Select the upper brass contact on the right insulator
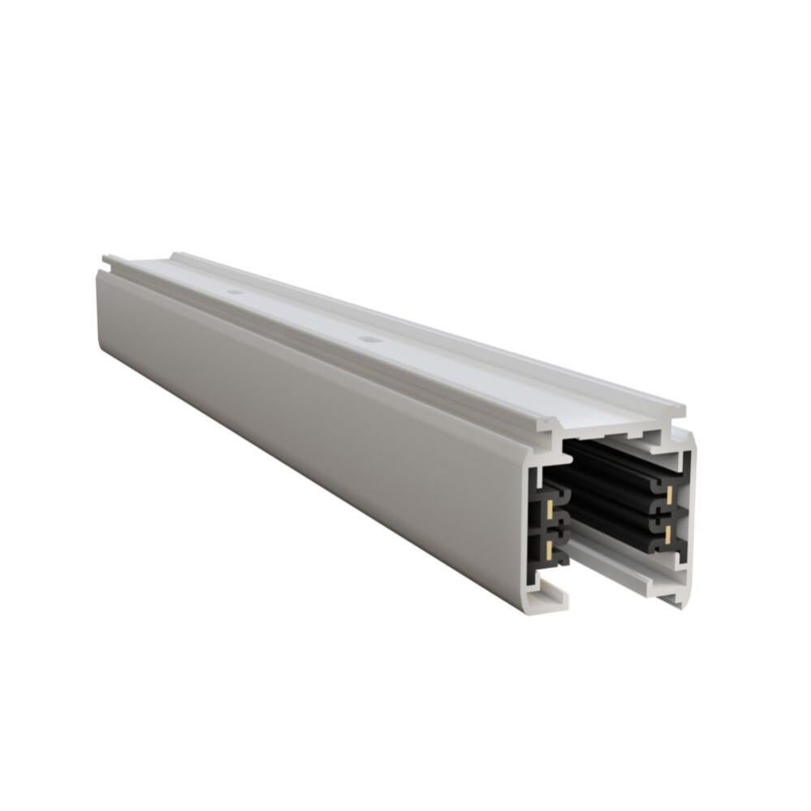click(x=669, y=494)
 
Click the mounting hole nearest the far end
click(x=235, y=291)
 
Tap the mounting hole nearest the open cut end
click(x=370, y=339)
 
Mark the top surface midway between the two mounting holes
click(x=302, y=315)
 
